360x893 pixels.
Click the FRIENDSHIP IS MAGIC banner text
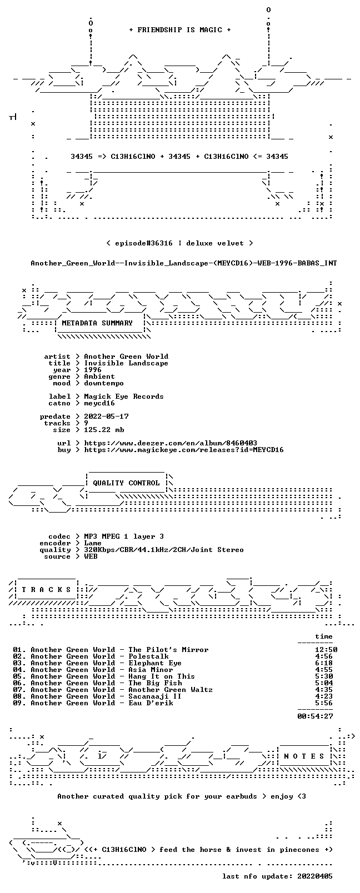click(x=180, y=30)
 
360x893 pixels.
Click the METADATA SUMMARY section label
click(x=97, y=323)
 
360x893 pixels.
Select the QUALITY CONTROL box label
click(x=126, y=483)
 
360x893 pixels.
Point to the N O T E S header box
click(x=304, y=756)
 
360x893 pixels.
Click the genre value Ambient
click(x=99, y=377)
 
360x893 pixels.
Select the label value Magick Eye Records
click(x=123, y=397)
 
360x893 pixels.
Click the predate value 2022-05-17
click(x=106, y=416)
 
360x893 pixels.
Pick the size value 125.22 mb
click(x=104, y=430)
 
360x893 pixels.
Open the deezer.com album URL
click(x=170, y=443)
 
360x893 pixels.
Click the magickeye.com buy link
click(x=183, y=450)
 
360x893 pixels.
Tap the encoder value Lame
click(x=92, y=543)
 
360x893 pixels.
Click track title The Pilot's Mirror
click(x=168, y=650)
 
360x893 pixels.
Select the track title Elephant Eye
click(x=154, y=663)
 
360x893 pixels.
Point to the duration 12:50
click(x=326, y=650)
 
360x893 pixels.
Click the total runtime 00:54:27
click(x=315, y=716)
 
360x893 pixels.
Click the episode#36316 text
click(x=143, y=243)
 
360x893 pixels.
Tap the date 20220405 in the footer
click(x=315, y=876)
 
